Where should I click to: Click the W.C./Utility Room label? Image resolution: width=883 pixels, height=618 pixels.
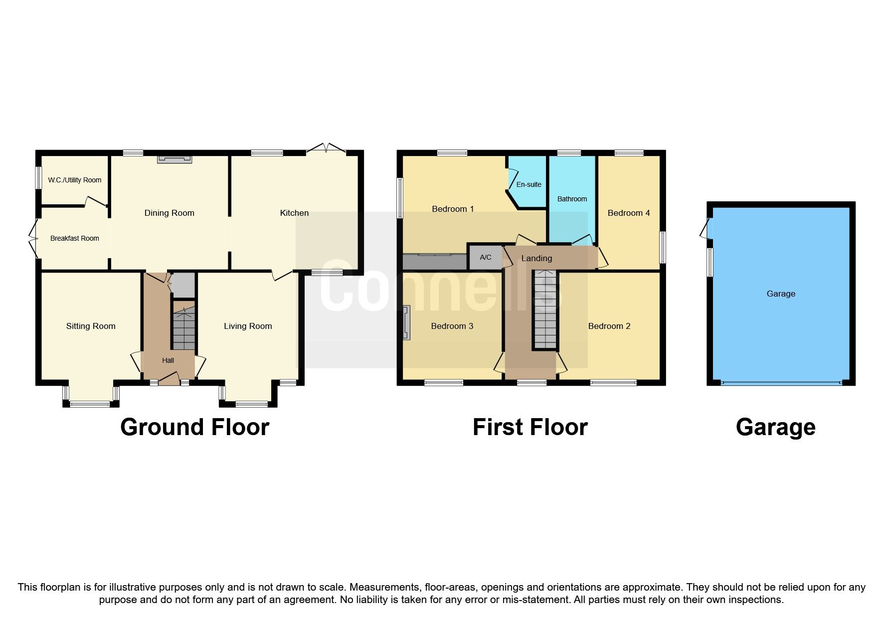pos(75,180)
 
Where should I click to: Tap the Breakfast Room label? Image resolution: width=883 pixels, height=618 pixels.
pos(75,238)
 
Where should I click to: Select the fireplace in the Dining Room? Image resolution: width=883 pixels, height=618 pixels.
pos(174,159)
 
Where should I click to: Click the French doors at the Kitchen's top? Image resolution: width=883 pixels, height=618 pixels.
pos(326,149)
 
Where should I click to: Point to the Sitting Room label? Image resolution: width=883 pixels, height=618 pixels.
pos(91,326)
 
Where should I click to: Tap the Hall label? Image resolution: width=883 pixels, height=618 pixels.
pos(168,360)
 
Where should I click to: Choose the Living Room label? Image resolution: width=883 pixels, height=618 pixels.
pos(248,326)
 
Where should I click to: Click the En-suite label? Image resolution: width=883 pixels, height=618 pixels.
pos(529,184)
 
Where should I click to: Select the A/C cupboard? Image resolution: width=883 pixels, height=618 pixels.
pos(485,257)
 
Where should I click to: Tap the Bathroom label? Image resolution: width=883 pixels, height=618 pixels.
pos(572,199)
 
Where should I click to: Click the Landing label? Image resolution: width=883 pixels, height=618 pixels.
pos(536,258)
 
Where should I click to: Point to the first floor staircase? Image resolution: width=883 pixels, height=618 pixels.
pos(545,309)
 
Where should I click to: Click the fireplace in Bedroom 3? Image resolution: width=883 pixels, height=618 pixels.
pos(407,323)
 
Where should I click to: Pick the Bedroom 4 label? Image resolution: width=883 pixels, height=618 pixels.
pos(628,213)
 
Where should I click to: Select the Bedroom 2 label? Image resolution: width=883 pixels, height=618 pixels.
pos(609,326)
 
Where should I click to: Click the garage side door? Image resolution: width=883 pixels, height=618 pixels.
pos(706,229)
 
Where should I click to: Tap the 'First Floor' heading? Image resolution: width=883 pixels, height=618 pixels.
pos(530,427)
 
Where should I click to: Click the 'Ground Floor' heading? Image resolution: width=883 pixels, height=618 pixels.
pos(194,427)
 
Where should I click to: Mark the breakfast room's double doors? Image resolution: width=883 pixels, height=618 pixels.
pos(33,238)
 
